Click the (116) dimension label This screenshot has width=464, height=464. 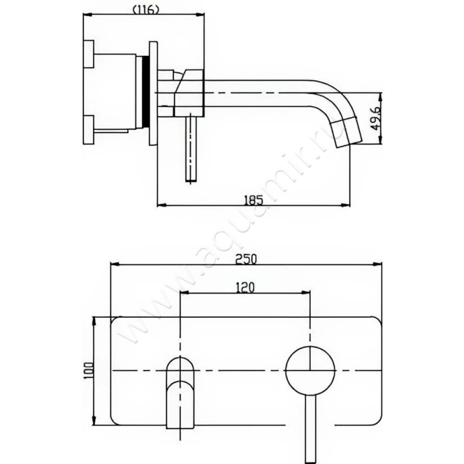coord(147,10)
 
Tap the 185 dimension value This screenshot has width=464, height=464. coord(253,200)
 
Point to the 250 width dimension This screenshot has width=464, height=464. coord(246,259)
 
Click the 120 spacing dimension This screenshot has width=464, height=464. coord(245,287)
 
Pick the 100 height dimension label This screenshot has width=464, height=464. coord(89,371)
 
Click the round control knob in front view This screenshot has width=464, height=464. coord(310,370)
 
